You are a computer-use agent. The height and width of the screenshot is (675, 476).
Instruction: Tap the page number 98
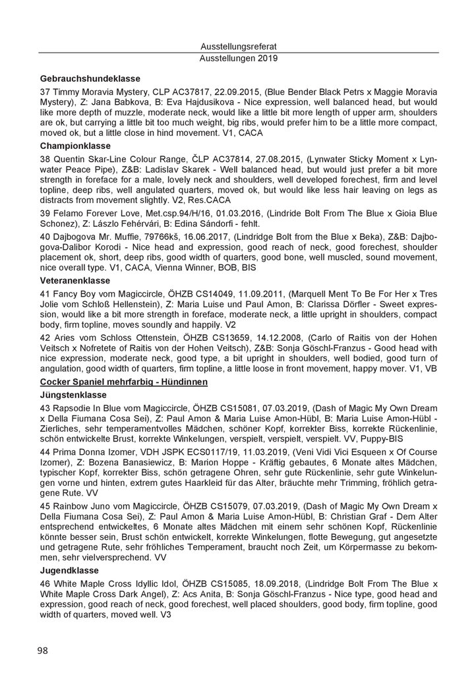(x=43, y=651)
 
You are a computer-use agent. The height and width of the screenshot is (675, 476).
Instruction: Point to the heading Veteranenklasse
(x=76, y=279)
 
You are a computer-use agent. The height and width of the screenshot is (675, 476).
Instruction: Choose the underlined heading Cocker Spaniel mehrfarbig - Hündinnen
(x=124, y=382)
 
